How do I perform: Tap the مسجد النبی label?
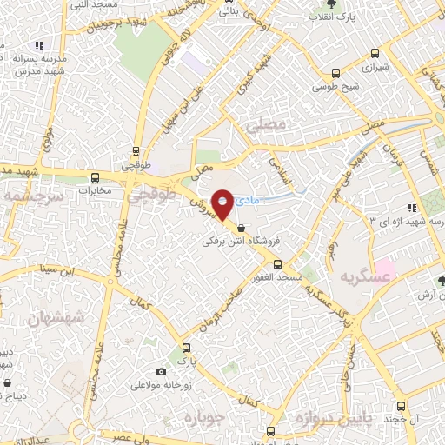[91, 5]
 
